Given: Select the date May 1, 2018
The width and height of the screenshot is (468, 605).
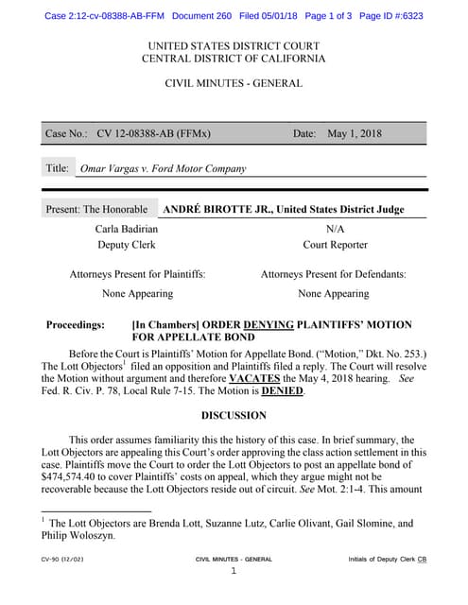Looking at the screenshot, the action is (x=354, y=134).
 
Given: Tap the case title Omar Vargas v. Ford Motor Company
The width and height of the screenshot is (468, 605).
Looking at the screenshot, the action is (x=164, y=169).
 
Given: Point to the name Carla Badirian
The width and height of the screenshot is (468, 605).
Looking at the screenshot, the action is (x=127, y=229).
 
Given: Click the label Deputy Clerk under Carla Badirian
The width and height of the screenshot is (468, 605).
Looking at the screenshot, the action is (x=127, y=245).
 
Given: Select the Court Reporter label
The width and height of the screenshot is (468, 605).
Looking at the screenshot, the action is (x=335, y=245).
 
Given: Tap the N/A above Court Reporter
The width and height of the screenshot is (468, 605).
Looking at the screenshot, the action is (x=335, y=229).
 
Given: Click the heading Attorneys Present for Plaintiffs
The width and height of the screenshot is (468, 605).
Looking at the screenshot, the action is (x=137, y=274).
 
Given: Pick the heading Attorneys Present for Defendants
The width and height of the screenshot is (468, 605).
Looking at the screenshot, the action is (x=333, y=274).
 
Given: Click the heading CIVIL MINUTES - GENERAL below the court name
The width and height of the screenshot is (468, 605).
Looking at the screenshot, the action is (x=233, y=83).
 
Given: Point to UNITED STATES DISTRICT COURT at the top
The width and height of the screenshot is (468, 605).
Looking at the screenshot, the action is (x=233, y=46).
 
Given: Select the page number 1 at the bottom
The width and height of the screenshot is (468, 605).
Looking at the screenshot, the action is (x=233, y=571).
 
